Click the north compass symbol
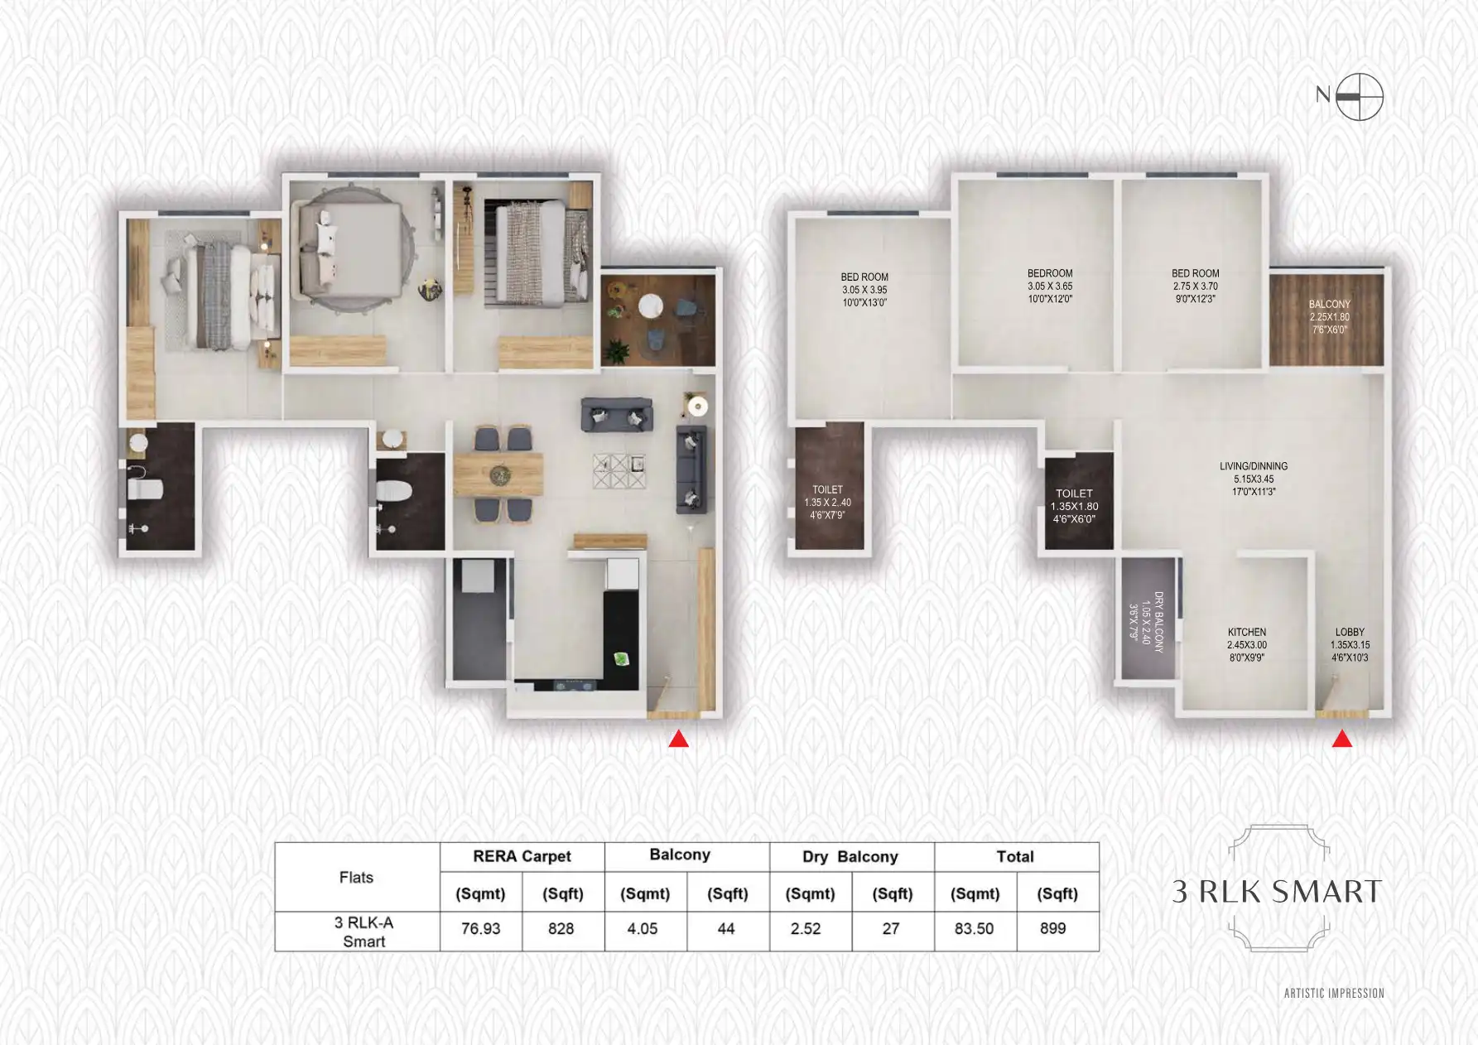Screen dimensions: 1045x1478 pyautogui.click(x=1359, y=97)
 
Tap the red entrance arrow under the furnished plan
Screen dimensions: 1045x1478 pyautogui.click(x=678, y=739)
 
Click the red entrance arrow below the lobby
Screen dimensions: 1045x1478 pyautogui.click(x=1341, y=739)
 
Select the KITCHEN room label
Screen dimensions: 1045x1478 pyautogui.click(x=1246, y=644)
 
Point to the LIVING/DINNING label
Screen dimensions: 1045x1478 pyautogui.click(x=1253, y=479)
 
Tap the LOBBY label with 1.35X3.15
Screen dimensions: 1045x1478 pyautogui.click(x=1350, y=644)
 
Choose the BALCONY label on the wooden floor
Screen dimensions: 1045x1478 pyautogui.click(x=1329, y=316)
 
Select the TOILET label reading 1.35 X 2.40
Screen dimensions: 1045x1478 pyautogui.click(x=827, y=502)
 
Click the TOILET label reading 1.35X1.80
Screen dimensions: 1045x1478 pyautogui.click(x=1074, y=506)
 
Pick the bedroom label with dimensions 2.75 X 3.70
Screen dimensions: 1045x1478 pyautogui.click(x=1195, y=286)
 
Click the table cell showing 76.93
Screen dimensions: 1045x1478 pyautogui.click(x=480, y=929)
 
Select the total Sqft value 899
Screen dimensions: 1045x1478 pyautogui.click(x=1052, y=929)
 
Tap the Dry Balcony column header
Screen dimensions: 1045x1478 pyautogui.click(x=850, y=857)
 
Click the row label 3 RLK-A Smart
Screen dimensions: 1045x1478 pyautogui.click(x=363, y=932)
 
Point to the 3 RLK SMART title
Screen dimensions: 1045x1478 pyautogui.click(x=1277, y=892)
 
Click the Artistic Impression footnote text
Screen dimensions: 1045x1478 pyautogui.click(x=1333, y=993)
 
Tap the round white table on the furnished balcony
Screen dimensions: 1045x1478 pyautogui.click(x=651, y=306)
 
